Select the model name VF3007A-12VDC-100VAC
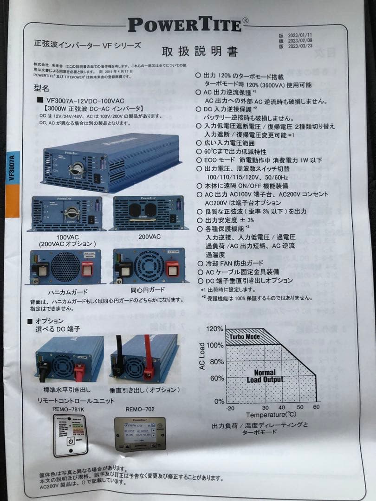[85, 100]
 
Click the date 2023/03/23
[300, 46]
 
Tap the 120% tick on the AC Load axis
[214, 329]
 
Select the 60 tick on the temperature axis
[316, 407]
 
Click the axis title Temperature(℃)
[271, 414]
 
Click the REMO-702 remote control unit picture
[140, 434]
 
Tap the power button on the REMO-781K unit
[71, 441]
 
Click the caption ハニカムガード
[65, 293]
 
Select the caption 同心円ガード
[148, 290]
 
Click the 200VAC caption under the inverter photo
[149, 236]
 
